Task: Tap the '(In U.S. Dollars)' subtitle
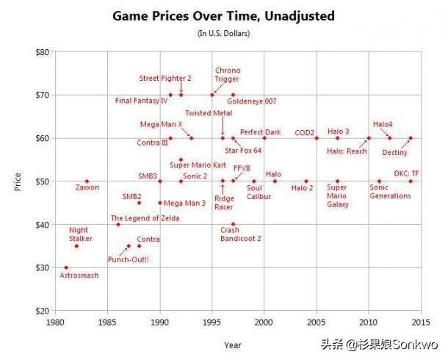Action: pos(223,33)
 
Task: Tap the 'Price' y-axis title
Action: pos(17,181)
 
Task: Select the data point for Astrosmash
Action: pos(66,267)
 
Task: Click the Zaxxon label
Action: pos(87,187)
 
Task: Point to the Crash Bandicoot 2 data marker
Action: pos(234,224)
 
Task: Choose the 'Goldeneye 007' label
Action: pos(251,101)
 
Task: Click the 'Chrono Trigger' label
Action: pos(228,76)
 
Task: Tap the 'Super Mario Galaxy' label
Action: pos(338,196)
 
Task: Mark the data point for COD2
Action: pos(317,138)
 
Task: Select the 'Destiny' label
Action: pos(395,153)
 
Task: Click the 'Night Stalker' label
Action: pos(79,234)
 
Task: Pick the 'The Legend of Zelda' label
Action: pos(145,218)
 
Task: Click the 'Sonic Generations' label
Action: pos(390,192)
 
